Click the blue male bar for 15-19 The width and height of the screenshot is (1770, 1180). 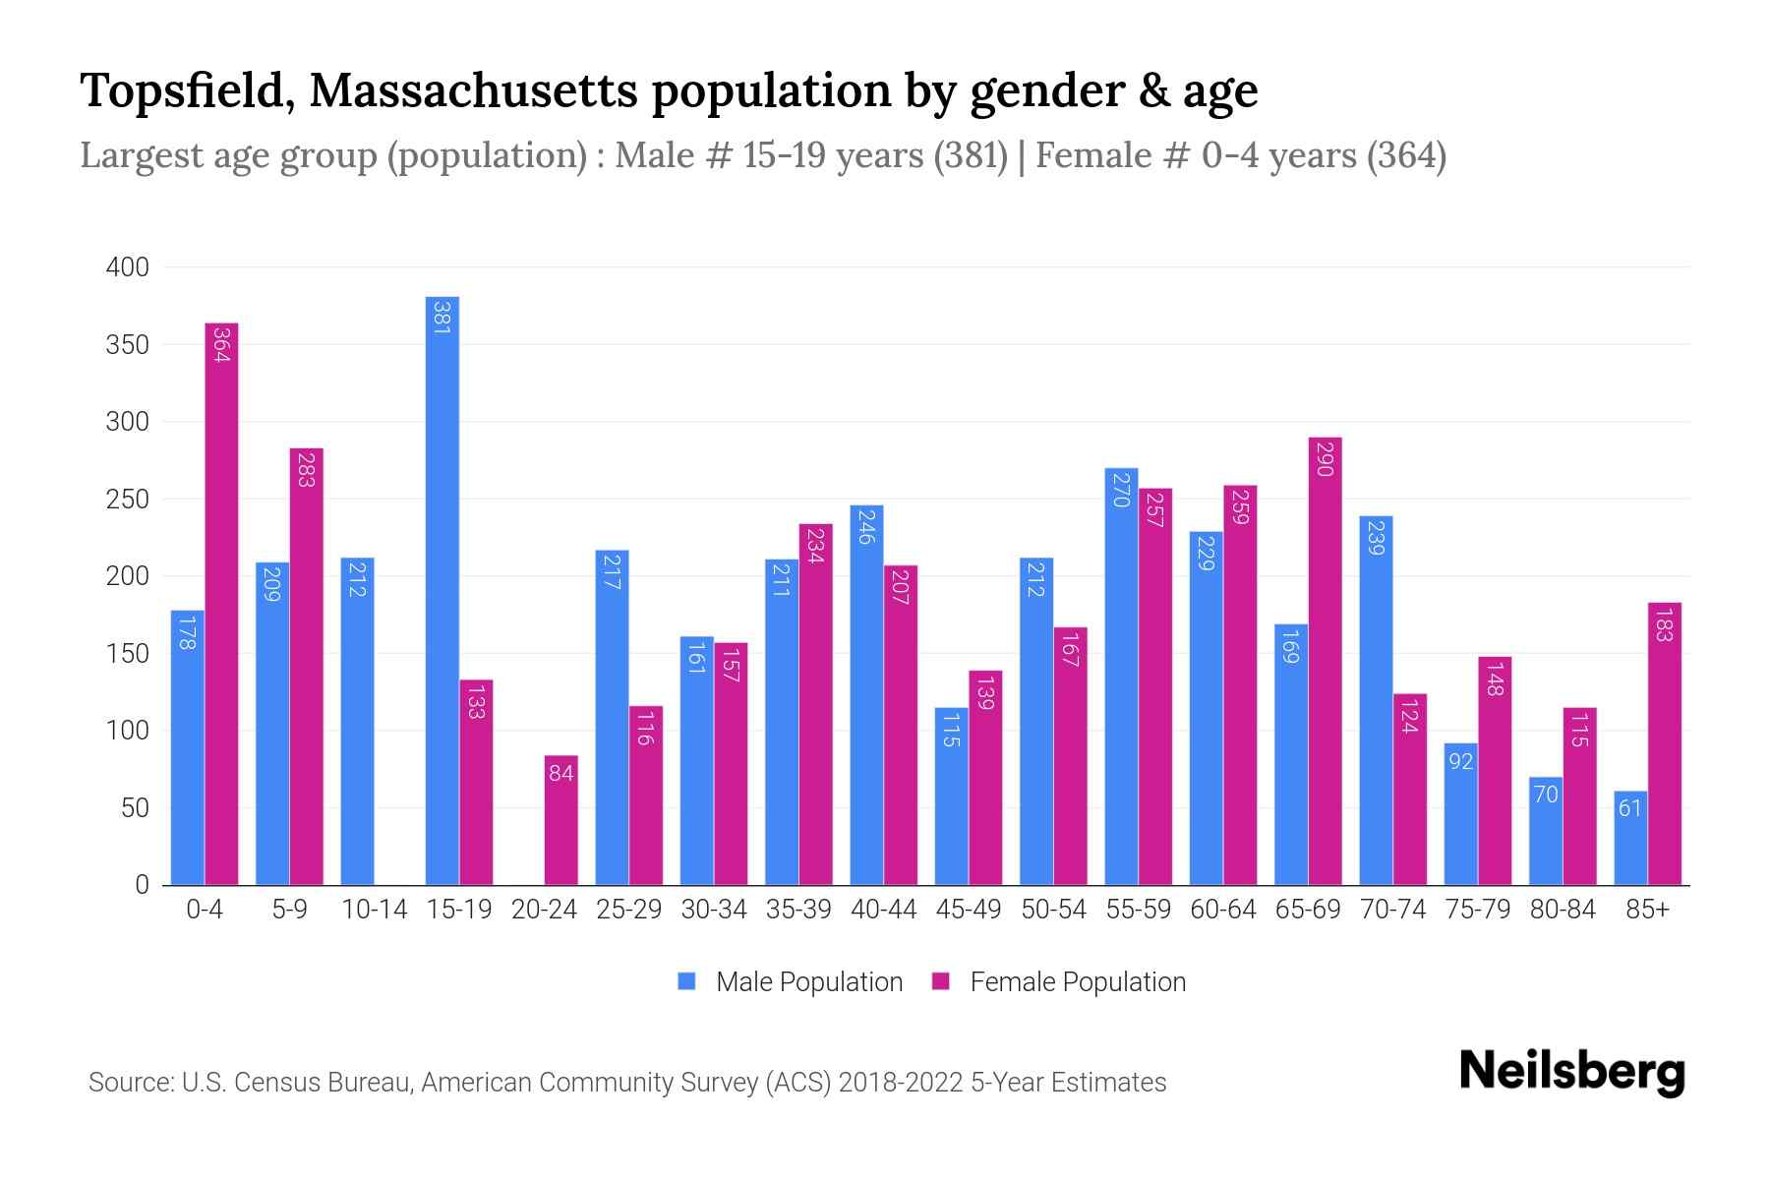point(442,590)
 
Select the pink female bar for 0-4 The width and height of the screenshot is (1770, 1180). point(221,604)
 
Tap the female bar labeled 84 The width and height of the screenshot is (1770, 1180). point(560,820)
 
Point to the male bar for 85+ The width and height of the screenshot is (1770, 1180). point(1629,838)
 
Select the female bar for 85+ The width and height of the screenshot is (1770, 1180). point(1664,743)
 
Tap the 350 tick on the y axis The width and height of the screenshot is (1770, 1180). point(128,345)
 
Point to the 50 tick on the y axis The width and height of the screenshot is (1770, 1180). point(135,808)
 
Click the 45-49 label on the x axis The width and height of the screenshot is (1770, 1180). point(968,910)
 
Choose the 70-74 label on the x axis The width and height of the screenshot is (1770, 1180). point(1392,910)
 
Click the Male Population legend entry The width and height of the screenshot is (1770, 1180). point(808,982)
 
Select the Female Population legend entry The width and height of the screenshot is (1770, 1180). point(1077,982)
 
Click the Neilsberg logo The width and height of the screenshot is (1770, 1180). point(1571,1072)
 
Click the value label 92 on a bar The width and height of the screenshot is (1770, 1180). point(1460,761)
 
